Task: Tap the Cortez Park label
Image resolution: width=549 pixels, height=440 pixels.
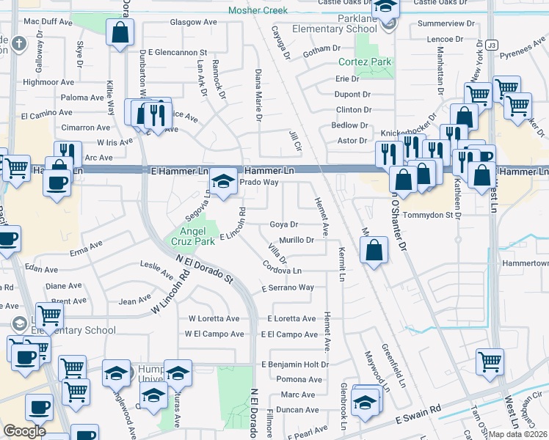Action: [365, 62]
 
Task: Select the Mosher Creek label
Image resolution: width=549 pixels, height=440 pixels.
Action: [258, 10]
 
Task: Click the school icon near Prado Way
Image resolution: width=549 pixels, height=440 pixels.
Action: [223, 182]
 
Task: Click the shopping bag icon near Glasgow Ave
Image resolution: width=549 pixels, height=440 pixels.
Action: [119, 33]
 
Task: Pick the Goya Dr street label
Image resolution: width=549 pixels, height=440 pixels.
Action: [283, 224]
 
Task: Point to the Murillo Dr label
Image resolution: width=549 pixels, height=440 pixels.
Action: [297, 240]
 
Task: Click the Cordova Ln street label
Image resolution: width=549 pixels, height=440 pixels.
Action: [282, 271]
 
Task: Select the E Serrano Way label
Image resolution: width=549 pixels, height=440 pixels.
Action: [288, 288]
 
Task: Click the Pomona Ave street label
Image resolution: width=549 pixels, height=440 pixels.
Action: [299, 380]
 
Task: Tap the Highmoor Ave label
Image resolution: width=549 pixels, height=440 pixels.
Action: [48, 82]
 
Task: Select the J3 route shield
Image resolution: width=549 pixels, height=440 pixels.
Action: [491, 45]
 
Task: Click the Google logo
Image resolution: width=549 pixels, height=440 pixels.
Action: [24, 431]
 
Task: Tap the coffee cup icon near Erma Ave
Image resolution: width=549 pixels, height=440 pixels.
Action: [8, 238]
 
